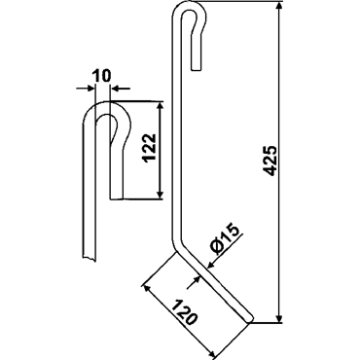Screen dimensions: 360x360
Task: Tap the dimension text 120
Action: [x=184, y=313]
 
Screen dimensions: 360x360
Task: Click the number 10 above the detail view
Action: [x=101, y=76]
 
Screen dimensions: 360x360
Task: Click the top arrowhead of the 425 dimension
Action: [x=279, y=7]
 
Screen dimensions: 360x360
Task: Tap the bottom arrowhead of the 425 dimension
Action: [x=279, y=318]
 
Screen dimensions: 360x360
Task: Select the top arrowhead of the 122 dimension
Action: [x=160, y=107]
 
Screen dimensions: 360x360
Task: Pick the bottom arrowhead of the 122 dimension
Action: [x=160, y=194]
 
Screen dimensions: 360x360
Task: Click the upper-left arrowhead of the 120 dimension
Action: [x=148, y=289]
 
